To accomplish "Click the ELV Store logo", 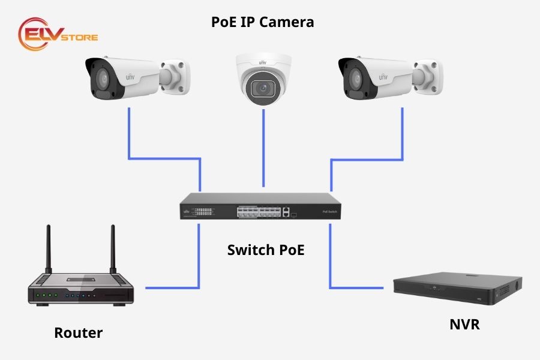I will [x=58, y=34].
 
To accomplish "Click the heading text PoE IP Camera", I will [x=262, y=23].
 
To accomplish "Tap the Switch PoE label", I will [x=266, y=250].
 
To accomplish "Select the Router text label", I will [x=78, y=333].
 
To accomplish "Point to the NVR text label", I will [x=464, y=325].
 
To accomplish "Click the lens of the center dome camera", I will [x=263, y=88].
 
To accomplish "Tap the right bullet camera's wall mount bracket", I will [x=427, y=77].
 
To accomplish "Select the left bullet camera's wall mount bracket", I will [x=175, y=77].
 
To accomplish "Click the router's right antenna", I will [x=112, y=249].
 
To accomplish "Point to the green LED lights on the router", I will [x=47, y=295].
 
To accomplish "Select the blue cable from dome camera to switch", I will [x=263, y=147].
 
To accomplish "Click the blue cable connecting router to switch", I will [x=198, y=264].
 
